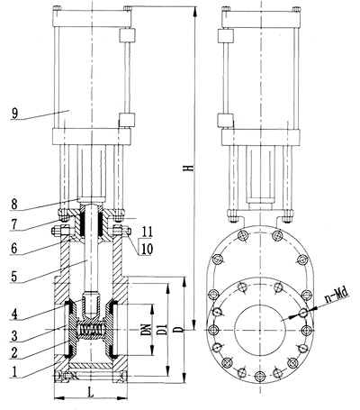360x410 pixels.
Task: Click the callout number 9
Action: coord(15,114)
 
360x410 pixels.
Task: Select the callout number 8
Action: coord(14,205)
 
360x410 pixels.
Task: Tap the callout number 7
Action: coord(13,225)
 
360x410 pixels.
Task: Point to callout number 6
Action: coord(13,249)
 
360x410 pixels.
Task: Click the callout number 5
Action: coord(13,277)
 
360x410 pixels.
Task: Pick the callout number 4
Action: coord(14,314)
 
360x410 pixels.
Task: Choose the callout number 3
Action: coord(14,336)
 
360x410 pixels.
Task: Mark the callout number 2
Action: coord(14,353)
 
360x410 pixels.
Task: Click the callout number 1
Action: coord(13,372)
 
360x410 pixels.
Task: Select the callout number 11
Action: coord(147,232)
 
